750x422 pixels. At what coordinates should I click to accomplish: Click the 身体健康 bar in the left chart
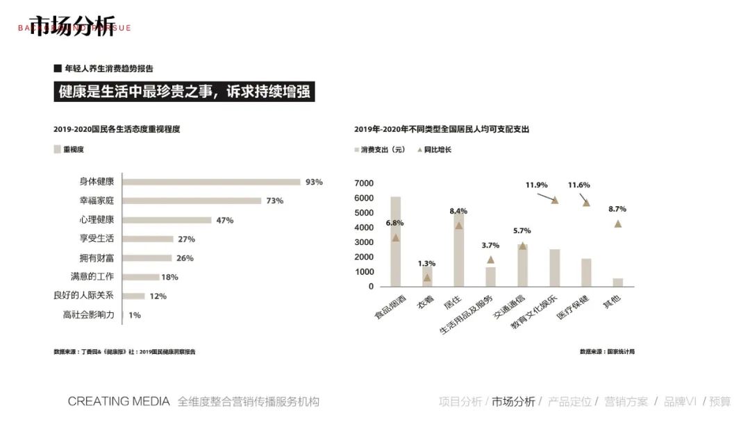211,182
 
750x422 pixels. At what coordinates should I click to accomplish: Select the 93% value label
314,182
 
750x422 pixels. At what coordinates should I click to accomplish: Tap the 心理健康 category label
97,220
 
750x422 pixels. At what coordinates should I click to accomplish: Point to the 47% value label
224,220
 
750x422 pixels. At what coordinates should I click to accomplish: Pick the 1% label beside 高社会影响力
134,315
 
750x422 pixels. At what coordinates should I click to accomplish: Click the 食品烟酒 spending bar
395,242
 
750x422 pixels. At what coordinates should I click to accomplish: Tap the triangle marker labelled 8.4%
458,226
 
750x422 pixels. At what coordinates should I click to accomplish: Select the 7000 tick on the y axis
364,183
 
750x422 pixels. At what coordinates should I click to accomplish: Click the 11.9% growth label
536,185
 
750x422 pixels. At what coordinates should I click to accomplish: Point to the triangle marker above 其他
617,223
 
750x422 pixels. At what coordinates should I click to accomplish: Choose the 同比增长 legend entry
437,149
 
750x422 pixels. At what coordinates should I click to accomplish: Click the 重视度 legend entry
73,149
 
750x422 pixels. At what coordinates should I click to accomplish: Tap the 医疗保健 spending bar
586,272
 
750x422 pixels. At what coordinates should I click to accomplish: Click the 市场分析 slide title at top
72,26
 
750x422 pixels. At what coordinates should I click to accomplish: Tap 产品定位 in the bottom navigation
569,401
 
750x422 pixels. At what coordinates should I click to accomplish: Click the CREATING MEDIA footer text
119,401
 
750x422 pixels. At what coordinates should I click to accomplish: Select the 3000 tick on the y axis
364,242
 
